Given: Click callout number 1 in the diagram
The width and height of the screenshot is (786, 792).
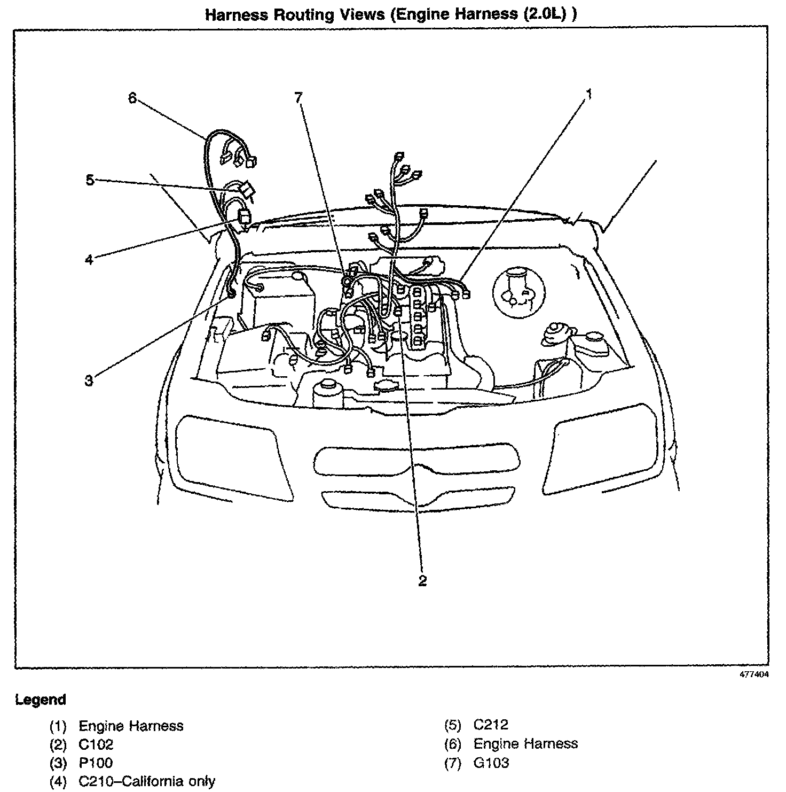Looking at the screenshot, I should coord(589,95).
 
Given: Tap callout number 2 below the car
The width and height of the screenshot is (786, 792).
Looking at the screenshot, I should coord(422,581).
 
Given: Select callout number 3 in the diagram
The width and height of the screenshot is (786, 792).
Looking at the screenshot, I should coord(89,381).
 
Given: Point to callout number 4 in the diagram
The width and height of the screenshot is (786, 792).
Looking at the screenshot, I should coord(89,260).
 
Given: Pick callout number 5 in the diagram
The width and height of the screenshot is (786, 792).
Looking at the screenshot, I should coord(90,180).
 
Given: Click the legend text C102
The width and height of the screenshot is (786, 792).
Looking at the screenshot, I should coord(96,744).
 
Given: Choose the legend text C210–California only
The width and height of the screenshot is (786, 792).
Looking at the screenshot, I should coord(147,781).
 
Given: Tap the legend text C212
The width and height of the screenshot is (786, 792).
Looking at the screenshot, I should coord(491,725).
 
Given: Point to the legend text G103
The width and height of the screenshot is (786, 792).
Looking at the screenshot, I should coord(491,763).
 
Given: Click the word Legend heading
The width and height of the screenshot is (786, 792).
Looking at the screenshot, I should coord(41,700).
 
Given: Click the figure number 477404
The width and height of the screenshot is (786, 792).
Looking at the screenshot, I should coord(754,675).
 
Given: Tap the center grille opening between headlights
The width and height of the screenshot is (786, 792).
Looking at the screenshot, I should coord(417,457).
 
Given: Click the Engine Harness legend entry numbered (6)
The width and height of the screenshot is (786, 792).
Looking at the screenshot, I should coord(525,743).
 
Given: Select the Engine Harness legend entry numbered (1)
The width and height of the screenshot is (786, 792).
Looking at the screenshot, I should coord(131,726).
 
